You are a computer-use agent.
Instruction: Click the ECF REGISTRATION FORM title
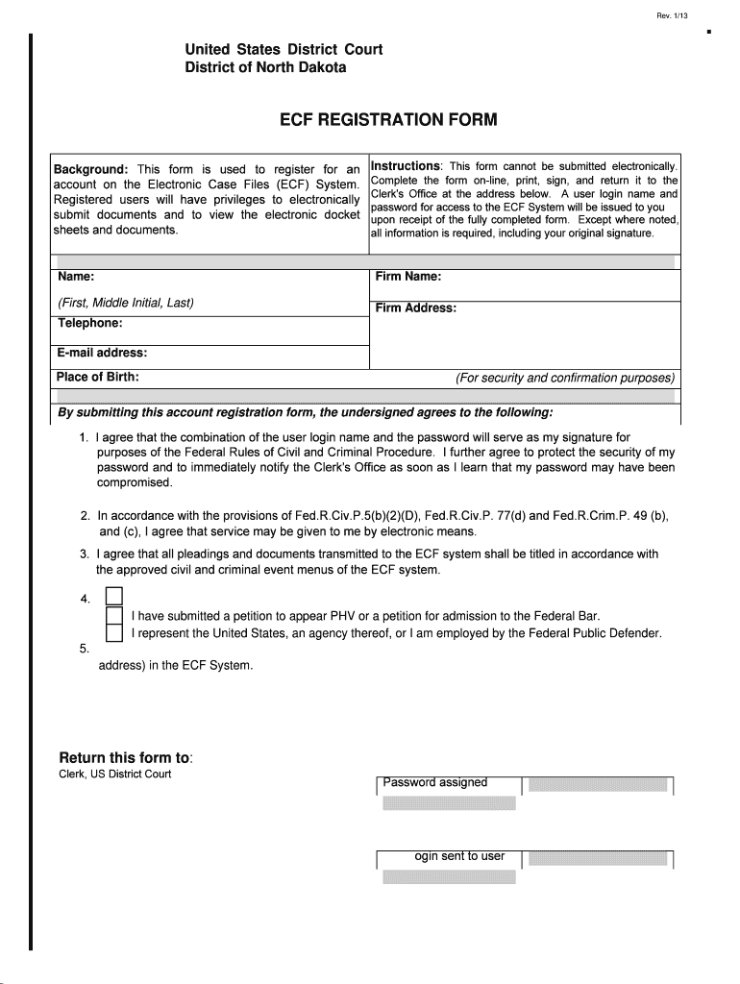click(388, 120)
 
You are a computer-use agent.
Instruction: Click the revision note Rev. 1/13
click(673, 15)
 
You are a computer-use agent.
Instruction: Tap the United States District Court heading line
click(284, 49)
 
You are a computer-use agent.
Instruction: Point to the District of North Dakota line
click(265, 68)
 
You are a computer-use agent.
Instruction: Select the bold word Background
click(91, 169)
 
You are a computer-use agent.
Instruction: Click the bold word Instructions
click(406, 166)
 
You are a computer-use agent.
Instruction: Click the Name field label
click(75, 277)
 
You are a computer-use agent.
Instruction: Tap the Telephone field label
click(89, 323)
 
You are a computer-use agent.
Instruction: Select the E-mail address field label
click(102, 353)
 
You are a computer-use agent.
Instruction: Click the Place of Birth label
click(98, 377)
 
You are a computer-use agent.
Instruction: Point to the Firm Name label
click(408, 277)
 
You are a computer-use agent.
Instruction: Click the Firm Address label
click(415, 308)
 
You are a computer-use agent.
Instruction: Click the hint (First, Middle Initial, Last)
click(126, 303)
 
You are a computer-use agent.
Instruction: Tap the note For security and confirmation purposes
click(565, 378)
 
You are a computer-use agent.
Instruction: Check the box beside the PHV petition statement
click(113, 615)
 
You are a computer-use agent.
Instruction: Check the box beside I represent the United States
click(113, 633)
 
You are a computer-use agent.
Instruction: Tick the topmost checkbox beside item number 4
click(113, 598)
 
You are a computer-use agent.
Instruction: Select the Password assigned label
click(435, 782)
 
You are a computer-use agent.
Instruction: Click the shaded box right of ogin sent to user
click(597, 857)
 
